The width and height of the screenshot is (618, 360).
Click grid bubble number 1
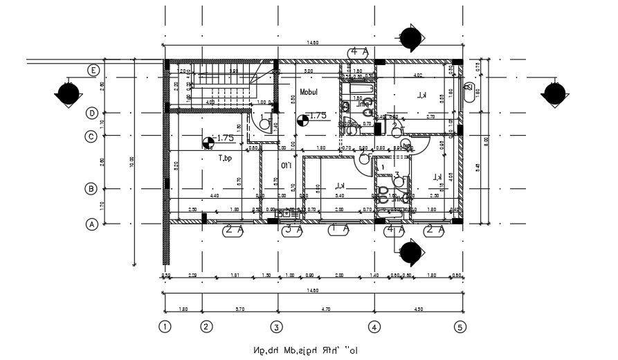tap(164, 327)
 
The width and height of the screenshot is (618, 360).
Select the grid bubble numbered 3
tap(275, 327)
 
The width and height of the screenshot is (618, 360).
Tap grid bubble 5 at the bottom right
tap(461, 327)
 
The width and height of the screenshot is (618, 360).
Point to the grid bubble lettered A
tap(91, 224)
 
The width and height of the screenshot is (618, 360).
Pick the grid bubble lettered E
tap(91, 70)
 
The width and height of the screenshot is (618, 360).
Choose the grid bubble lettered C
tap(91, 136)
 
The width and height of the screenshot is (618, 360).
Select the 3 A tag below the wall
tap(293, 229)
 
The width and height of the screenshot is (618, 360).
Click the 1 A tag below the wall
tap(339, 229)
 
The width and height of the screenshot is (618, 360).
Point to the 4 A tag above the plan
tap(359, 52)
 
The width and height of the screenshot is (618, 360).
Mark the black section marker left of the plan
tap(68, 93)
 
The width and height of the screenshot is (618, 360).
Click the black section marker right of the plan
tap(554, 93)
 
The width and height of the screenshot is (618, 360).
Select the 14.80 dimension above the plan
tap(313, 43)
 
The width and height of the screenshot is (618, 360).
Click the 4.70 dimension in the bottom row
tap(325, 309)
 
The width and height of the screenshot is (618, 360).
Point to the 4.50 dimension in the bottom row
tap(417, 309)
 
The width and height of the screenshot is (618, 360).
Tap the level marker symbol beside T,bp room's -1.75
tap(208, 143)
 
